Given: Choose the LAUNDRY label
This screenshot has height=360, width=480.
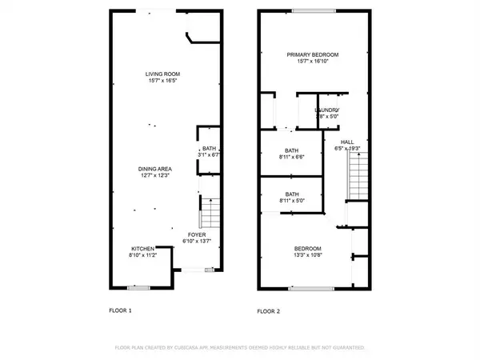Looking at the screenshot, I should (326, 110).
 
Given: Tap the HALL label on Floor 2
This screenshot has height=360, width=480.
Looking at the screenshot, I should (347, 142).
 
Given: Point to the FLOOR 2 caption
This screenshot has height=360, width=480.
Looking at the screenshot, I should (269, 310).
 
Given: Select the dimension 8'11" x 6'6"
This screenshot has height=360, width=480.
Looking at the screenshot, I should (292, 158).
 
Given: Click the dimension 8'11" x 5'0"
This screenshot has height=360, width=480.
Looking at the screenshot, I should (292, 201).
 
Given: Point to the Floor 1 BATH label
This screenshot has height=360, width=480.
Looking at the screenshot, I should (208, 148).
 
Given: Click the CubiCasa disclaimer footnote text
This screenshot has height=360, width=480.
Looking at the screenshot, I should (240, 349).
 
